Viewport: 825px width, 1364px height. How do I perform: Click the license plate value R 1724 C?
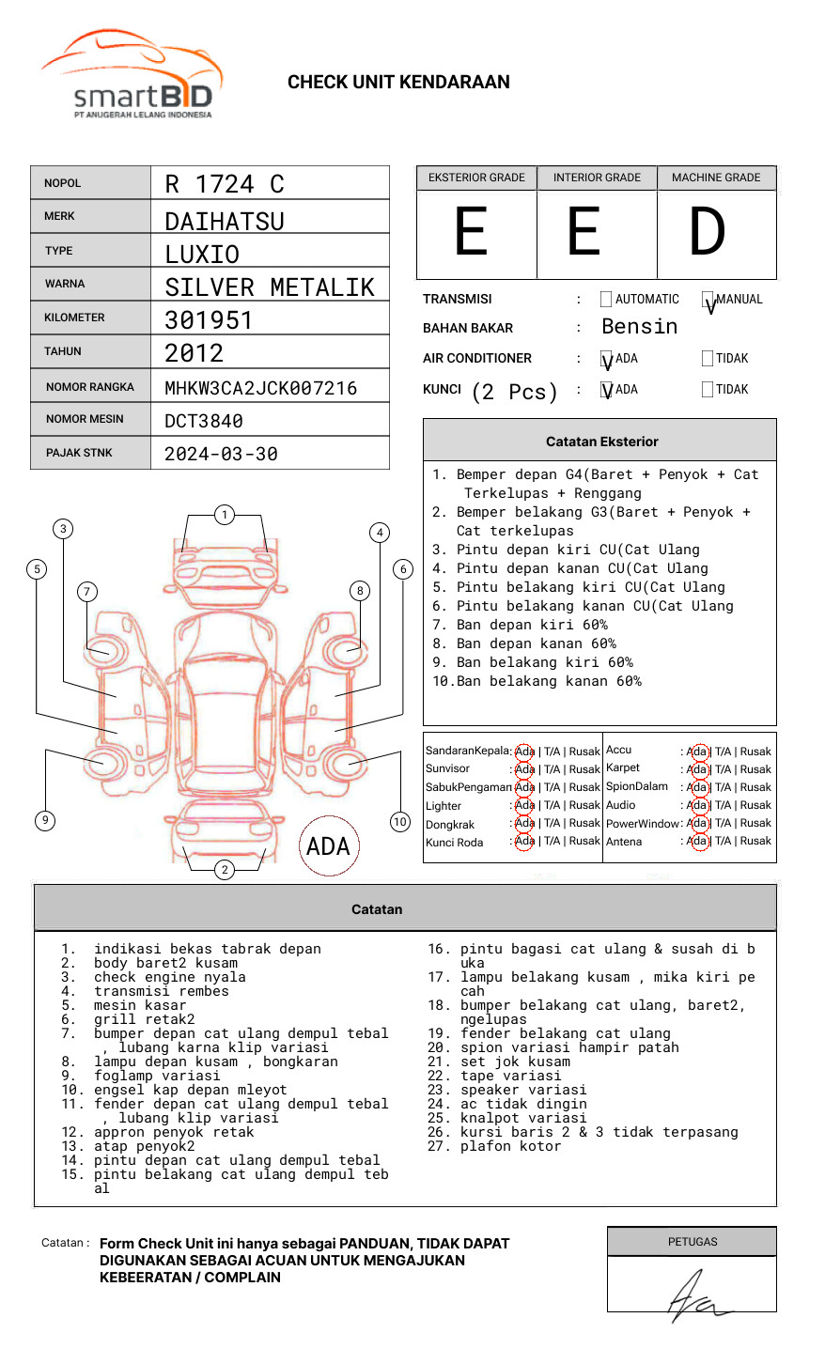(225, 184)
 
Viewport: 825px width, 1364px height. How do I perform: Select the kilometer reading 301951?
(209, 320)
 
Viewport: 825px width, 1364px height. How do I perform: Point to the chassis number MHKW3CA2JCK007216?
(261, 388)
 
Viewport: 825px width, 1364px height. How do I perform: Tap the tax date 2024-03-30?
(221, 454)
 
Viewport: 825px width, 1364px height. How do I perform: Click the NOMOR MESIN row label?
(85, 419)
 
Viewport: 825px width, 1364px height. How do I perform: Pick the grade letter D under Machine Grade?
(707, 231)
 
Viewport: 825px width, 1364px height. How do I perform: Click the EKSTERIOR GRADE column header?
(476, 178)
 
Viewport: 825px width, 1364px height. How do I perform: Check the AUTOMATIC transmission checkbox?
(606, 299)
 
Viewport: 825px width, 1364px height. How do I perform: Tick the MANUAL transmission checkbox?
(708, 299)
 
